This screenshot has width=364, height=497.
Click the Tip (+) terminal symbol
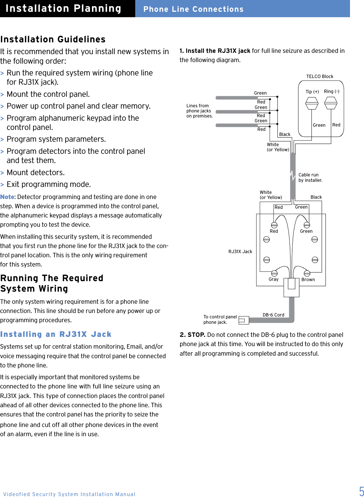[x=311, y=103]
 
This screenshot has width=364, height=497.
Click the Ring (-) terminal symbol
[x=331, y=103]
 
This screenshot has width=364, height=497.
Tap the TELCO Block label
[x=319, y=76]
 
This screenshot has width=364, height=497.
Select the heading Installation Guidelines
[x=53, y=39]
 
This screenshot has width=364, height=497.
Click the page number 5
[x=361, y=491]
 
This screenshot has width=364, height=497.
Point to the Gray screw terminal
[x=274, y=273]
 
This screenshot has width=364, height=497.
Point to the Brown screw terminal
[x=307, y=273]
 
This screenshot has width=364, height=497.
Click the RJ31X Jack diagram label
[x=240, y=252]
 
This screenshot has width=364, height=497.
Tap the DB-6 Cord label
[x=273, y=315]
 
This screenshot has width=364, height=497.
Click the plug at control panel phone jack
[x=243, y=320]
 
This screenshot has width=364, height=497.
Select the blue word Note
[x=7, y=197]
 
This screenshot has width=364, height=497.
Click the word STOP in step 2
[x=196, y=335]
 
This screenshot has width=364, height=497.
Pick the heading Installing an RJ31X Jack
[x=56, y=334]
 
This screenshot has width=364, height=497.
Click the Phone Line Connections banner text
[x=193, y=9]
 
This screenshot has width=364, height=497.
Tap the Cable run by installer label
[x=310, y=178]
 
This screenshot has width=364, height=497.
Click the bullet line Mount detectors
[x=36, y=173]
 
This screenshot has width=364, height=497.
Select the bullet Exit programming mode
[x=49, y=184]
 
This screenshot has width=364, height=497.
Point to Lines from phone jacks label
[x=199, y=111]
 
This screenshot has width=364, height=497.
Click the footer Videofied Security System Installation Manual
[x=69, y=494]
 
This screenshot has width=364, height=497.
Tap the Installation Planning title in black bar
[x=63, y=9]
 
